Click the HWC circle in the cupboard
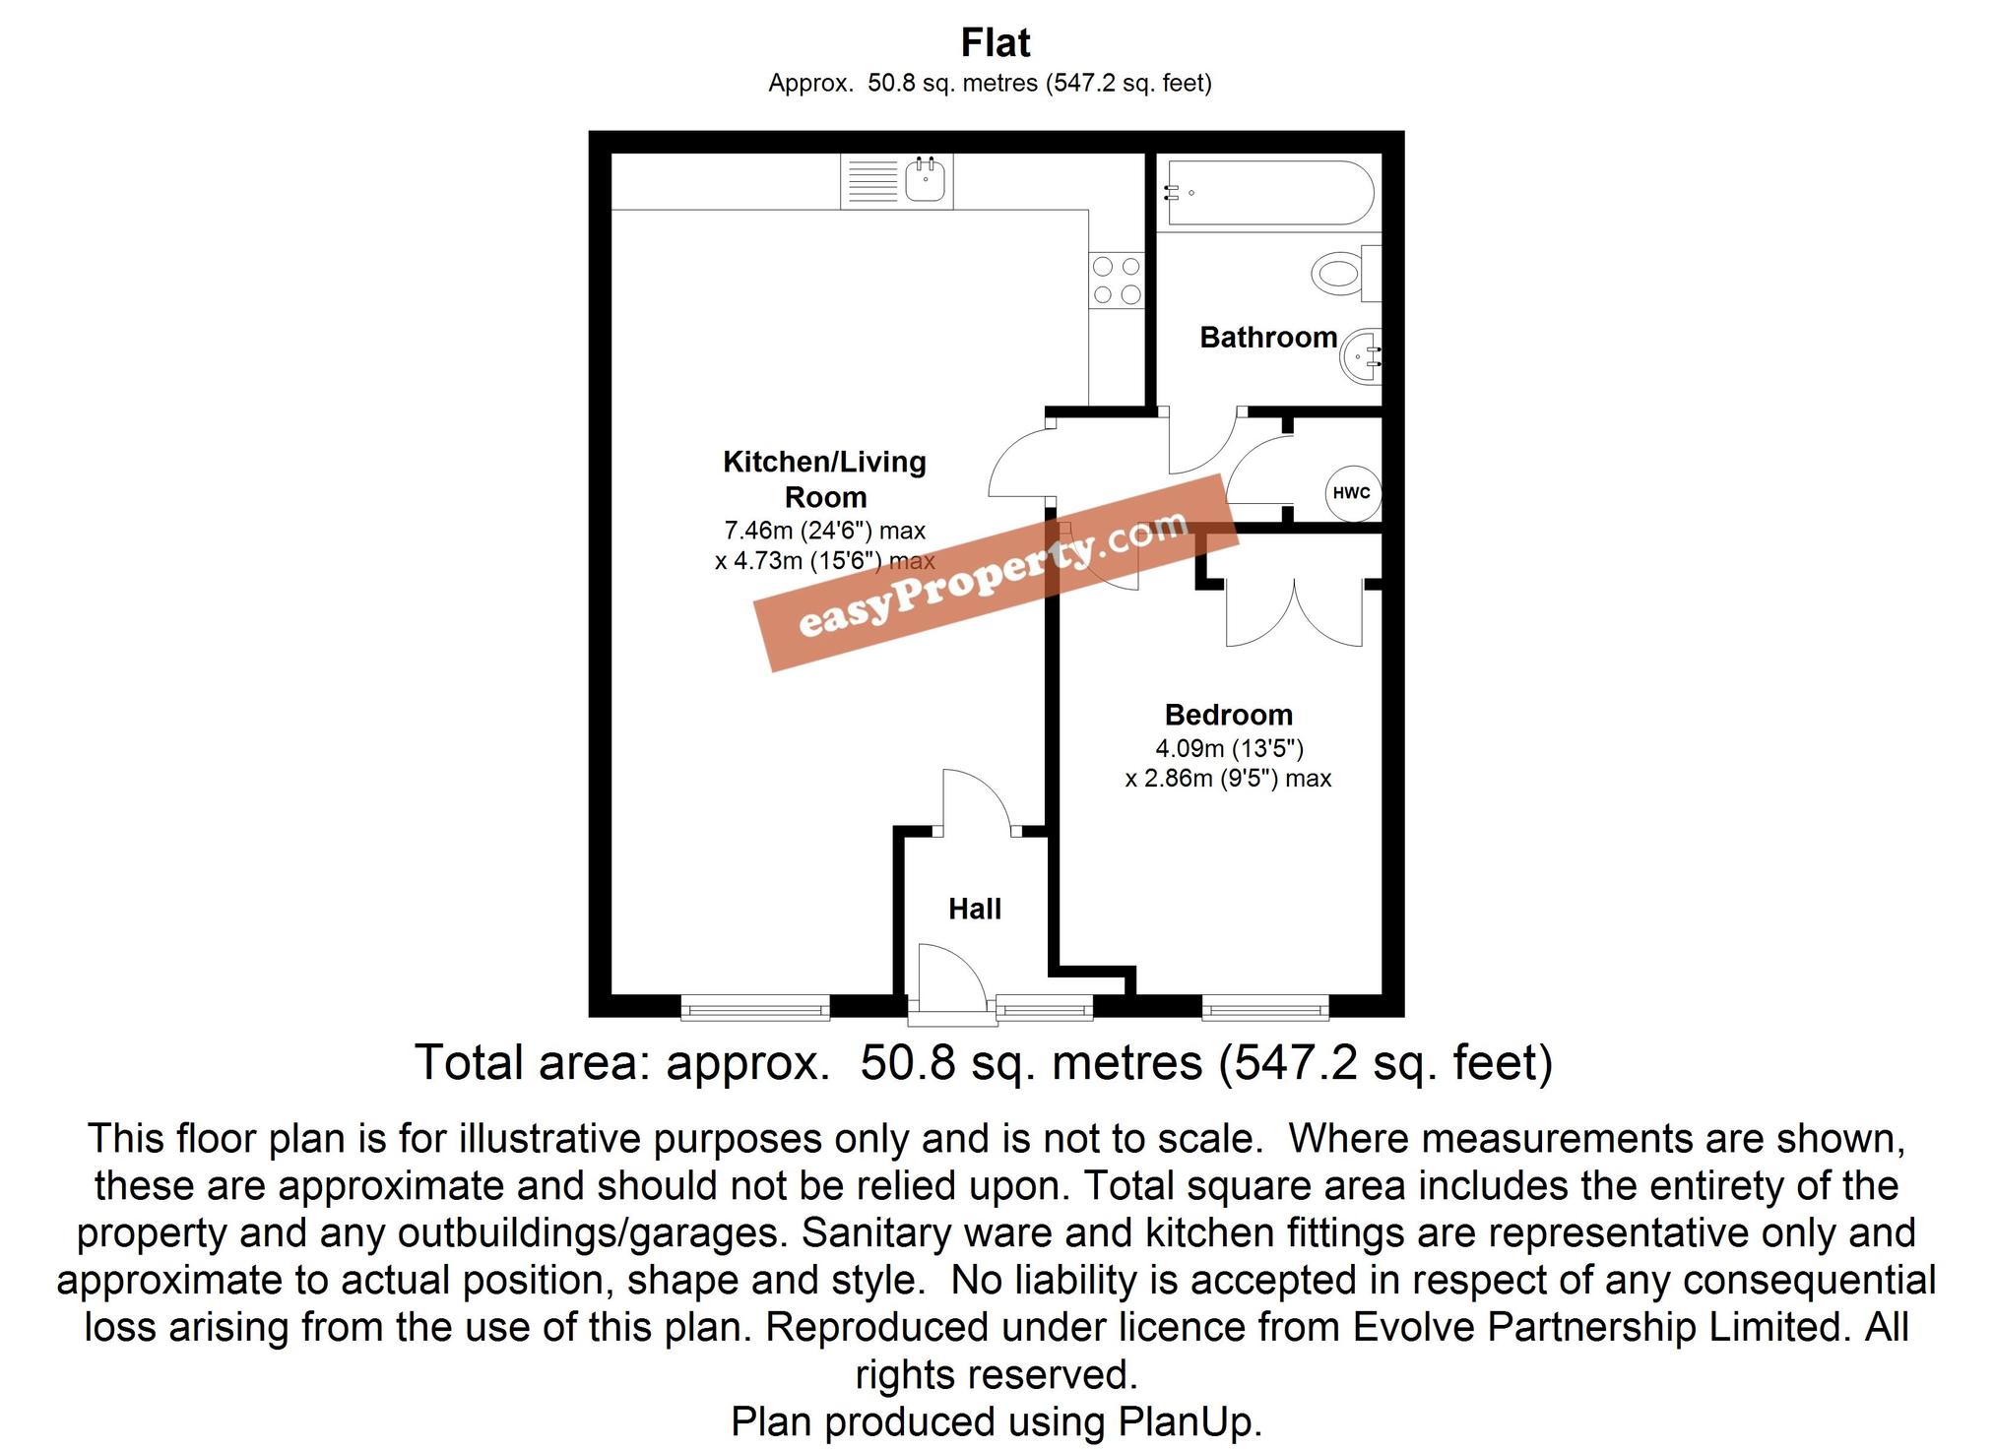(x=1351, y=492)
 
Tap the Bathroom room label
(x=1267, y=338)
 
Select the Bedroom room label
(x=1228, y=715)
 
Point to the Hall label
(x=975, y=909)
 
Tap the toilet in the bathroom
(x=1341, y=272)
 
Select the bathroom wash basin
(x=1362, y=356)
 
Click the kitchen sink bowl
(x=926, y=180)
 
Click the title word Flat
(x=996, y=43)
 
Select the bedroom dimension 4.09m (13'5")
(x=1229, y=749)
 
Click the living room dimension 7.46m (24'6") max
(x=825, y=531)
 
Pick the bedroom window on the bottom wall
(x=1265, y=1007)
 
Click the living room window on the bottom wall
(x=755, y=1007)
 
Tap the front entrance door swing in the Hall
(x=950, y=975)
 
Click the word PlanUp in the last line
(x=1189, y=1421)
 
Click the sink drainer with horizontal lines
(x=872, y=182)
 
